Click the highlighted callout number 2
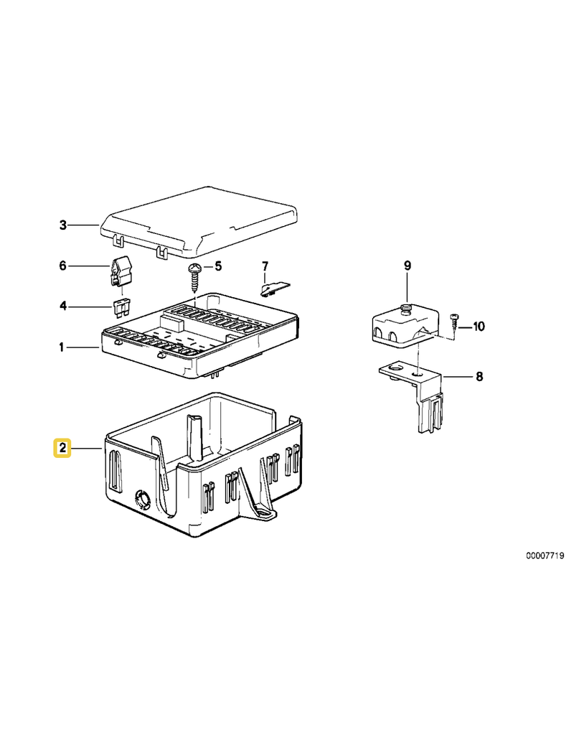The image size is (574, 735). [x=62, y=448]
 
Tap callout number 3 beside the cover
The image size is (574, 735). [x=63, y=225]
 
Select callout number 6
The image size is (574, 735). [x=63, y=266]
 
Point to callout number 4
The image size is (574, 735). [x=63, y=306]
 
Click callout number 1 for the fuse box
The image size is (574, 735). [x=62, y=347]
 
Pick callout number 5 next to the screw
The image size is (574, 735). [x=218, y=266]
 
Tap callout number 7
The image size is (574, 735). [x=265, y=266]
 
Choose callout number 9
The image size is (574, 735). [x=408, y=266]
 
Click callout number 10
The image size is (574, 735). [x=479, y=327]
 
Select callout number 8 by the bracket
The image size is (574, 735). [x=479, y=376]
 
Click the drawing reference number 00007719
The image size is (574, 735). [x=545, y=556]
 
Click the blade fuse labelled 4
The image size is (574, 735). [x=122, y=307]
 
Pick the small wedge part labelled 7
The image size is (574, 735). [x=275, y=289]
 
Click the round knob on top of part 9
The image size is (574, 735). [x=406, y=308]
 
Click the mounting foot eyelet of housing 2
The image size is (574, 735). [x=264, y=514]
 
